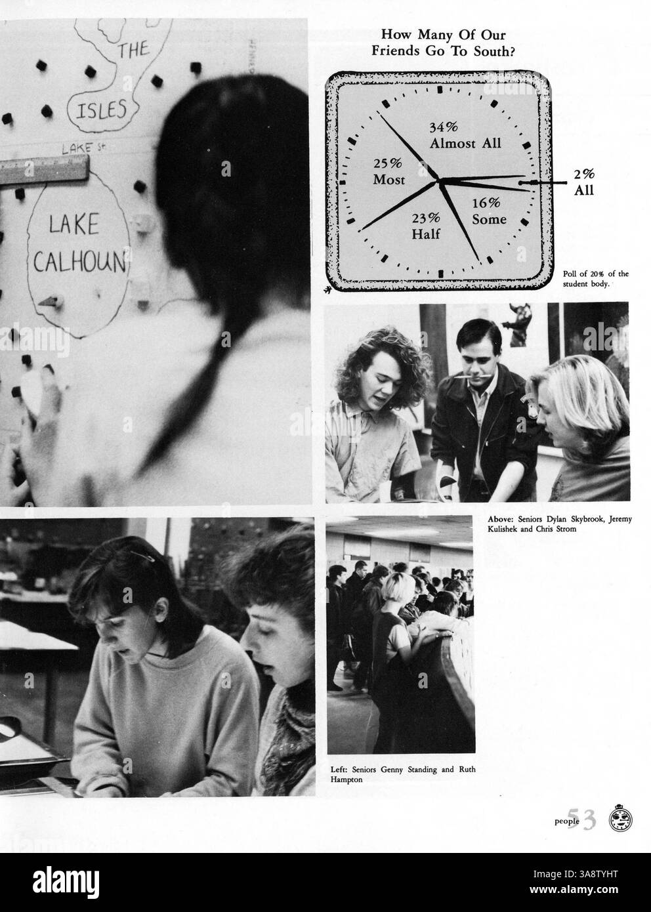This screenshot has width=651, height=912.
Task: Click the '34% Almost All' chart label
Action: point(465,135)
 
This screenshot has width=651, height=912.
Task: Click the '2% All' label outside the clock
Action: point(583,182)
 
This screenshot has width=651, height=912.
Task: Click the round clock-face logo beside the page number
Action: point(620,819)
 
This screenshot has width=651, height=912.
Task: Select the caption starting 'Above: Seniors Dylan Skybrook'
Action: point(559,524)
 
